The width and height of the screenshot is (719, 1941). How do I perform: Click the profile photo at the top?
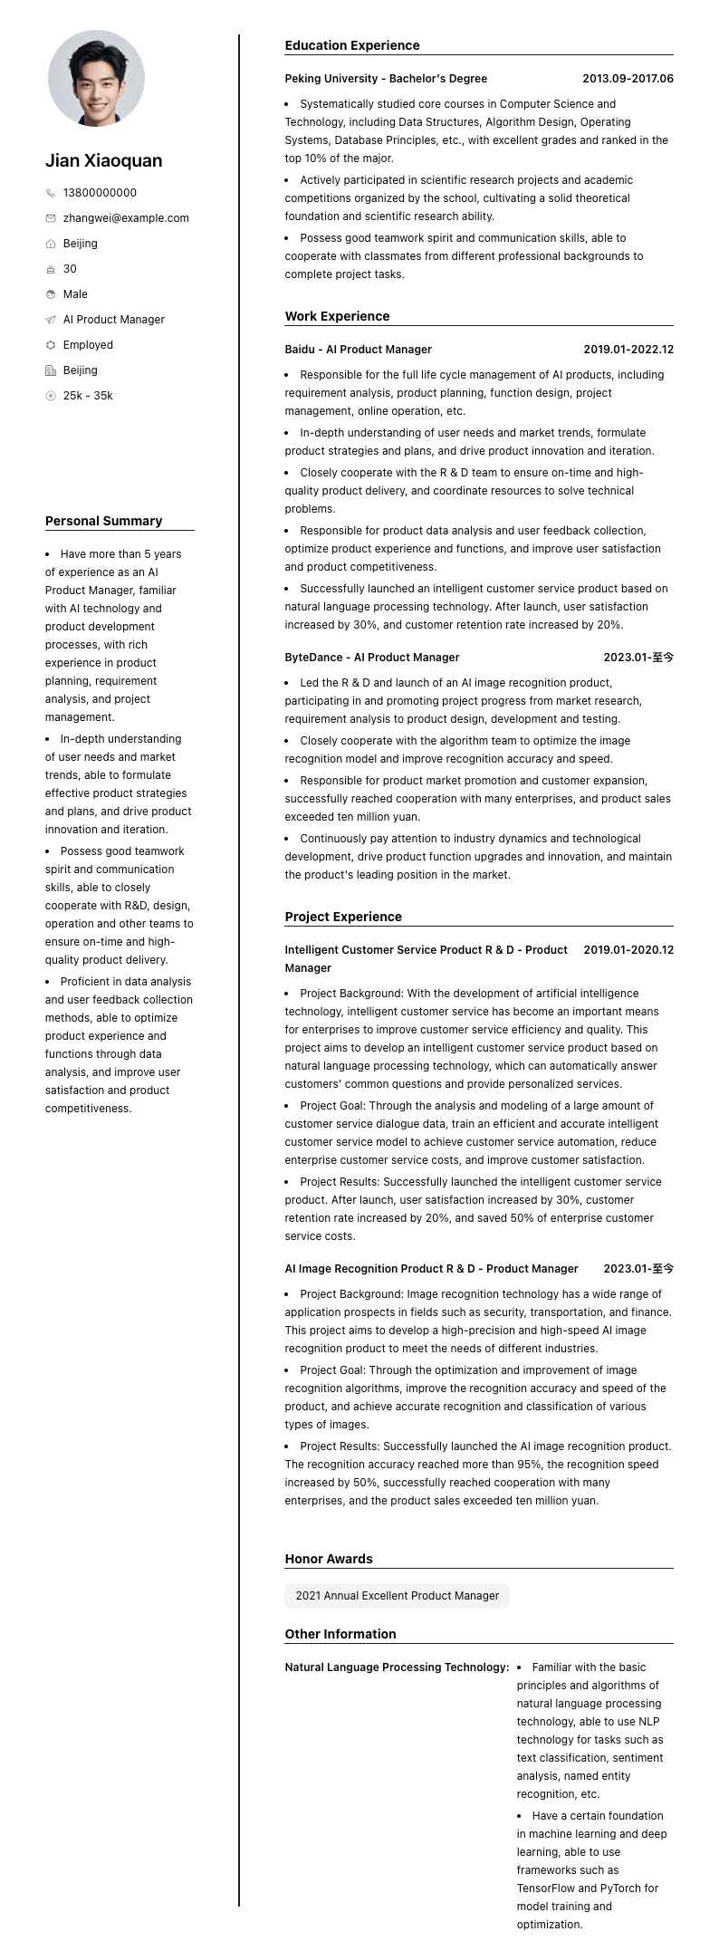96,78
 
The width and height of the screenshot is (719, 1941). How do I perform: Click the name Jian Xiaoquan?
104,161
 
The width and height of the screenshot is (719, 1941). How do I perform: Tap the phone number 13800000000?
100,193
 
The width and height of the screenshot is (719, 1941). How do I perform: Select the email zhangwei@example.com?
126,218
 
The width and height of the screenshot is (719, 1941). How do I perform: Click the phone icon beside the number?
51,193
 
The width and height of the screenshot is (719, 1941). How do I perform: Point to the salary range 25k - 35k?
88,396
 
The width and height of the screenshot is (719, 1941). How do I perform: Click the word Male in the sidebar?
75,294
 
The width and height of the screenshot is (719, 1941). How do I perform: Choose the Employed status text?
88,345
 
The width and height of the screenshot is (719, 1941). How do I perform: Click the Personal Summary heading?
103,521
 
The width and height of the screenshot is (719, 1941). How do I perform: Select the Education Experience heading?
352,45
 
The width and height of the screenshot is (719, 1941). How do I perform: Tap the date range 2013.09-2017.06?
628,79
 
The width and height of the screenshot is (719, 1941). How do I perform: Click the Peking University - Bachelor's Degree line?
386,79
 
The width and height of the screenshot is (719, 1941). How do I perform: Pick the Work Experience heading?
337,316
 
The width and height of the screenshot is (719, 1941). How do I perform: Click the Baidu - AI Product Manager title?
358,350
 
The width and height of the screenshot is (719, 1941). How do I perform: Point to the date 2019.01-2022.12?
628,350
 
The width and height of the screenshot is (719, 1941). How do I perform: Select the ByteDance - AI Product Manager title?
372,658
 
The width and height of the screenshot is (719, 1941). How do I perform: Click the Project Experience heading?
343,917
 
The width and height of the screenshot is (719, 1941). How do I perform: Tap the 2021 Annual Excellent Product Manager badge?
397,1596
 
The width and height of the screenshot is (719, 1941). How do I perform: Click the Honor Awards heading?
329,1559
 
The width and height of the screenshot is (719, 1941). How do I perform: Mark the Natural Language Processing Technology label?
397,1667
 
